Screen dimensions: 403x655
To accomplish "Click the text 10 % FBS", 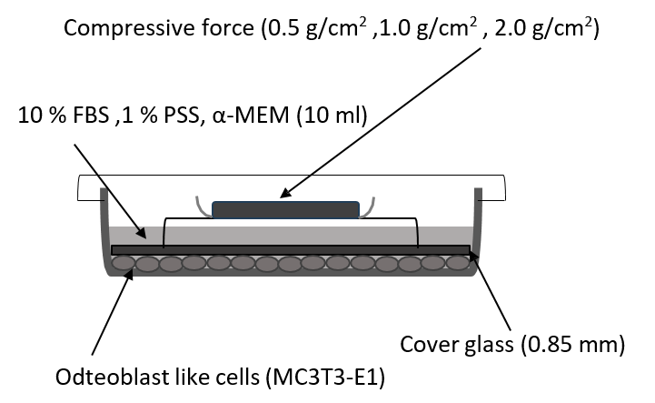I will pos(58,116).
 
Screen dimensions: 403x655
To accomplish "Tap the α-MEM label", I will pos(245,116).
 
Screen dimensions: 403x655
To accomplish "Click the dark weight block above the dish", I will pos(286,208).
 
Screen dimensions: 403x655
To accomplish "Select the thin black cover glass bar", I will pos(291,249).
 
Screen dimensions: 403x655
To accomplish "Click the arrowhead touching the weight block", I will pos(283,194).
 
